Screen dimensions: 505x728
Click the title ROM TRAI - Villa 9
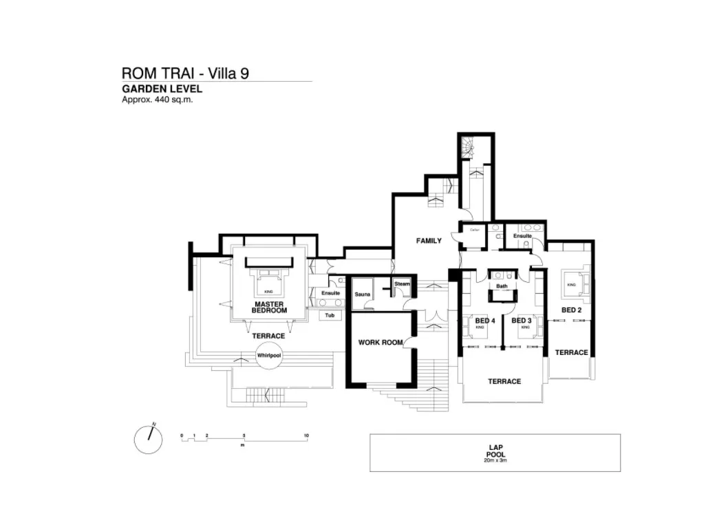click(185, 73)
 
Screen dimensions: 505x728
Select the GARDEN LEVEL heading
click(162, 89)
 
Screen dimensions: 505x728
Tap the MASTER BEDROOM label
click(270, 307)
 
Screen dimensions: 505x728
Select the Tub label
click(330, 316)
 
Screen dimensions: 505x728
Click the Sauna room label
click(363, 294)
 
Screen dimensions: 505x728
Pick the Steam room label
click(402, 283)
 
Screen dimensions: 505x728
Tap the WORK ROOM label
click(380, 342)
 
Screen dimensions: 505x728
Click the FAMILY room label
click(429, 241)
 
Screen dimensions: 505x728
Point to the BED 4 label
click(485, 321)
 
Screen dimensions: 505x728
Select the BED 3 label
click(522, 321)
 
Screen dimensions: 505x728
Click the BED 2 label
click(572, 310)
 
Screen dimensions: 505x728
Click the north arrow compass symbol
click(148, 439)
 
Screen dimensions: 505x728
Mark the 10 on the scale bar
click(307, 436)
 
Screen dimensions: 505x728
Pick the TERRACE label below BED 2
click(572, 352)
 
